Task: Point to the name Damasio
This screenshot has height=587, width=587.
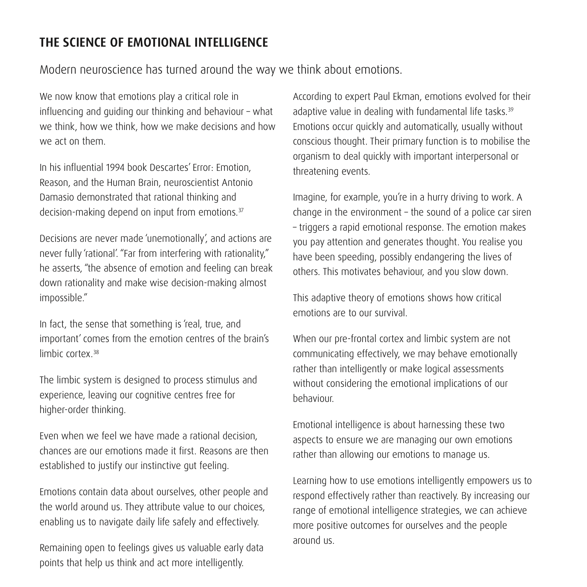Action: [57, 197]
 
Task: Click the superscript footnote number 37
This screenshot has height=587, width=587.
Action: [240, 210]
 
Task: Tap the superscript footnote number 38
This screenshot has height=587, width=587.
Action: [96, 352]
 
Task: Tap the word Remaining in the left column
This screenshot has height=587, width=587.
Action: [60, 548]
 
